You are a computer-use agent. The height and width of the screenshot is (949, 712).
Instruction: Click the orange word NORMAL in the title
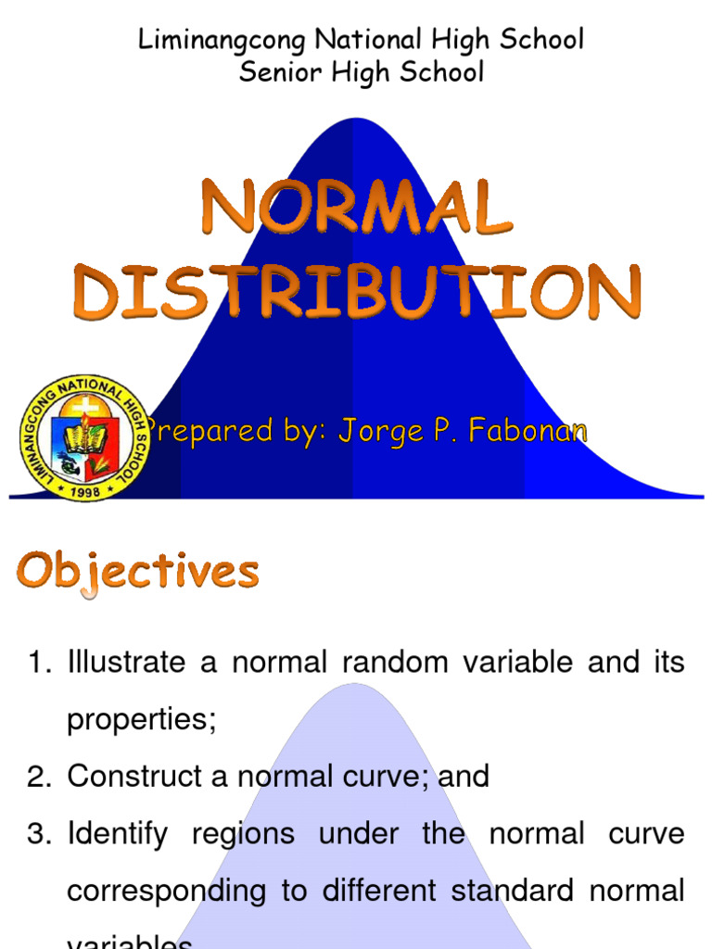tap(356, 210)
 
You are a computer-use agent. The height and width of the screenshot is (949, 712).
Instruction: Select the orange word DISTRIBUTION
tap(358, 291)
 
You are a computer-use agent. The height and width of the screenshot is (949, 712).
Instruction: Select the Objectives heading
tap(137, 572)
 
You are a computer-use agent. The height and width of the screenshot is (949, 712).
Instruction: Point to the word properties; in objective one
tap(141, 721)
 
